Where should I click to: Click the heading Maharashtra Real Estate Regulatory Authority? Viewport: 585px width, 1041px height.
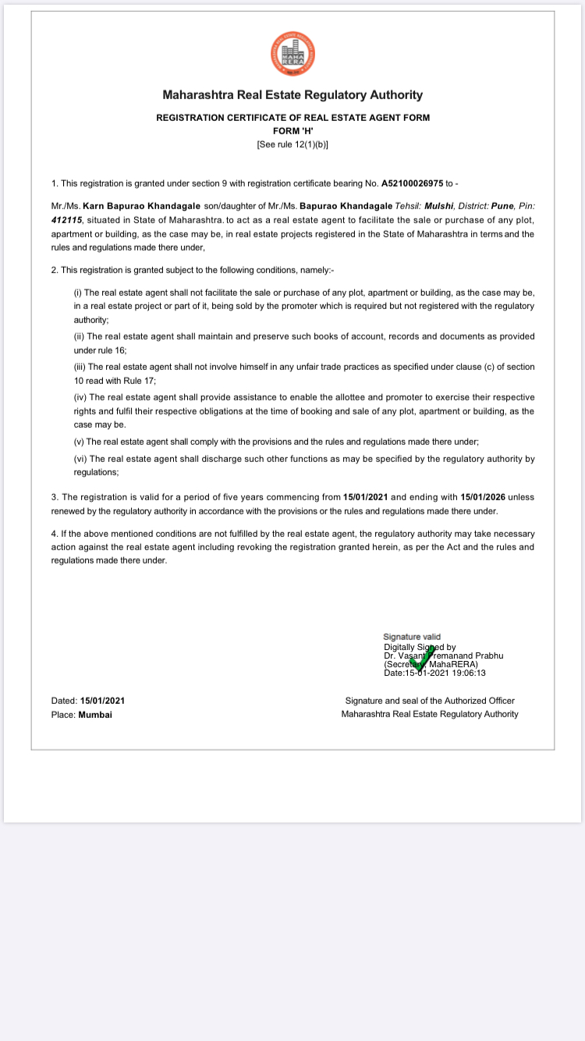coord(292,95)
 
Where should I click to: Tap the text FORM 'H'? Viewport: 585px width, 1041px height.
coord(292,131)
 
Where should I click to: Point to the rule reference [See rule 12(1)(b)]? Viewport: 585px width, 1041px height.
coord(292,144)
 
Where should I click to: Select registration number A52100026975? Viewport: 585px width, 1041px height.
coord(412,183)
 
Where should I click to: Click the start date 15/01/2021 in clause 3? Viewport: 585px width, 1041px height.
coord(366,497)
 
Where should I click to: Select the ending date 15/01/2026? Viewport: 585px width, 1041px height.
coord(484,497)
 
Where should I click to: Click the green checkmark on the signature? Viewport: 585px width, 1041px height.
coord(422,660)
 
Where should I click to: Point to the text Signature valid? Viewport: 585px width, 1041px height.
coord(412,638)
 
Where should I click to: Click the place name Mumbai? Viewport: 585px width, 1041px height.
coord(95,714)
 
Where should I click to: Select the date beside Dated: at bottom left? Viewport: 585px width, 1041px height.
coord(102,701)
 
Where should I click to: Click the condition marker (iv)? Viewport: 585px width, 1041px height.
coord(80,396)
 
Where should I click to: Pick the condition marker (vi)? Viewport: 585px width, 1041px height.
coord(80,459)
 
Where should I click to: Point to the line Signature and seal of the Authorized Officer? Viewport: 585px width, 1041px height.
coord(430,701)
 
